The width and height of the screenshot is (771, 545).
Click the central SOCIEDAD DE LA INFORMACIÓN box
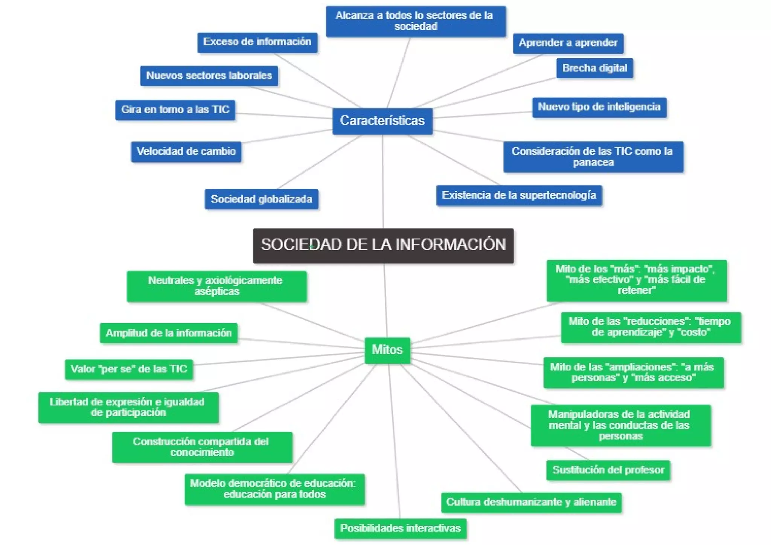point(383,245)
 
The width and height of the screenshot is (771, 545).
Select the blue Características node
point(382,121)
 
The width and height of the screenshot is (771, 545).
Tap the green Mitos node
point(387,350)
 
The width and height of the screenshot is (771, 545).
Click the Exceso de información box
point(257,42)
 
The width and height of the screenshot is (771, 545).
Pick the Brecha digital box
point(594,68)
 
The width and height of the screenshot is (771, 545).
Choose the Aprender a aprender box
point(568,43)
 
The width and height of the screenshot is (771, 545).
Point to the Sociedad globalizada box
point(261,199)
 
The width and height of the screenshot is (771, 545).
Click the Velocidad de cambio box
point(186,152)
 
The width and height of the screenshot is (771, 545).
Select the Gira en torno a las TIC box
point(175,110)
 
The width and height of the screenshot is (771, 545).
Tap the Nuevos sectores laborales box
point(209,76)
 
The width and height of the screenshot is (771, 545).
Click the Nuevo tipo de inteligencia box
point(599,107)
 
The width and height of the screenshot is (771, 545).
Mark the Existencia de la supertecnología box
point(519,195)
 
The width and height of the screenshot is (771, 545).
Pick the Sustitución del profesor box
point(608,470)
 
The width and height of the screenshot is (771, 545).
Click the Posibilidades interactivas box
point(400,528)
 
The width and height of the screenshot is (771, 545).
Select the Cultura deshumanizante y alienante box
point(531,502)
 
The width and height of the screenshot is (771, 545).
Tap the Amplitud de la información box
point(169,333)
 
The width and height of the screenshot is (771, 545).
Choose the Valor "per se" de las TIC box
point(129,369)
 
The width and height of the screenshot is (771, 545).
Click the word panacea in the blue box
point(593,163)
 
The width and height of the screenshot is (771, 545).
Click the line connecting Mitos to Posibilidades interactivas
point(393,440)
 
